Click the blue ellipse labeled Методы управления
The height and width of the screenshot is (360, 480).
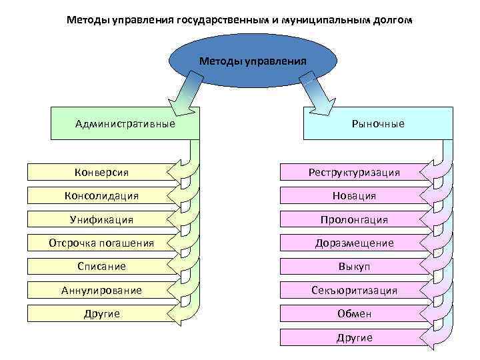[253, 61]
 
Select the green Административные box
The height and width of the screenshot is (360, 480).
[125, 123]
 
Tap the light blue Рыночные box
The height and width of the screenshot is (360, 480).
[377, 123]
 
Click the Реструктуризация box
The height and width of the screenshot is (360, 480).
[354, 173]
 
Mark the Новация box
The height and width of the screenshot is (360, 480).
[354, 196]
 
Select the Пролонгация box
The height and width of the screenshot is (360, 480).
[354, 219]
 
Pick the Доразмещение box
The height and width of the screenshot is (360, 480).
[354, 243]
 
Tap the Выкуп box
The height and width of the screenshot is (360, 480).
[354, 266]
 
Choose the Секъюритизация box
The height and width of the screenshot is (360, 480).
[354, 290]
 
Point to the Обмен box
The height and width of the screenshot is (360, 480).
[354, 313]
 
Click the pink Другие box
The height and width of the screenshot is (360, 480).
[354, 337]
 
